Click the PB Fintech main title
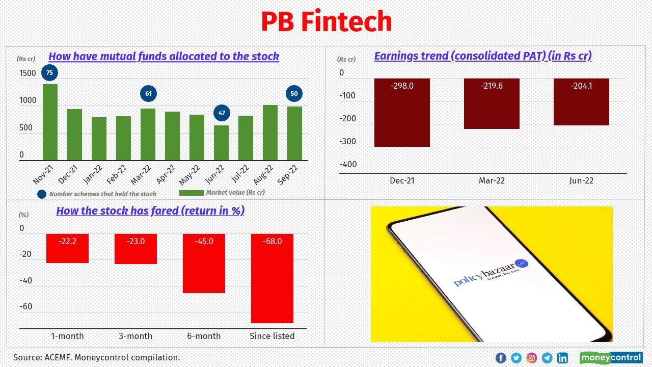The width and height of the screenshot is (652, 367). [x=326, y=22]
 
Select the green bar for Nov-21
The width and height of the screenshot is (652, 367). [x=50, y=122]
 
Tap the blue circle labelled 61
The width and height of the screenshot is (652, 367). [x=148, y=94]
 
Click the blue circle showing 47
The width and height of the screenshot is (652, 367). [x=222, y=113]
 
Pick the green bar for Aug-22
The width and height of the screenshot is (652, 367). [x=270, y=133]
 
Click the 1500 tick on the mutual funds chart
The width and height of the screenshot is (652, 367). [x=28, y=73]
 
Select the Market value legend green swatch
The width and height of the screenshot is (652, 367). [x=192, y=193]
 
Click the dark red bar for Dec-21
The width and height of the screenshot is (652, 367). [x=402, y=113]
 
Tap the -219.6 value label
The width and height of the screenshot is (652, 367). [x=492, y=86]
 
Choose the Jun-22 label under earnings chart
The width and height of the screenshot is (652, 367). [x=581, y=181]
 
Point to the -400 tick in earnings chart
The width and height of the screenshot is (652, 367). [x=348, y=165]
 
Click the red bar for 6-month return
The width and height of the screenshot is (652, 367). [x=204, y=264]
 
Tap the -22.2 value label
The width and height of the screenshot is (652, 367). [x=67, y=242]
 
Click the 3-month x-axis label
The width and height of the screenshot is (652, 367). [x=135, y=336]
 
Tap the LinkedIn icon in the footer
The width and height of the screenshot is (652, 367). [x=562, y=358]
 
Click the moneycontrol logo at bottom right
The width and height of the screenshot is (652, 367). [x=611, y=358]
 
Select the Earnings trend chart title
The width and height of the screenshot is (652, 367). [x=482, y=56]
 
